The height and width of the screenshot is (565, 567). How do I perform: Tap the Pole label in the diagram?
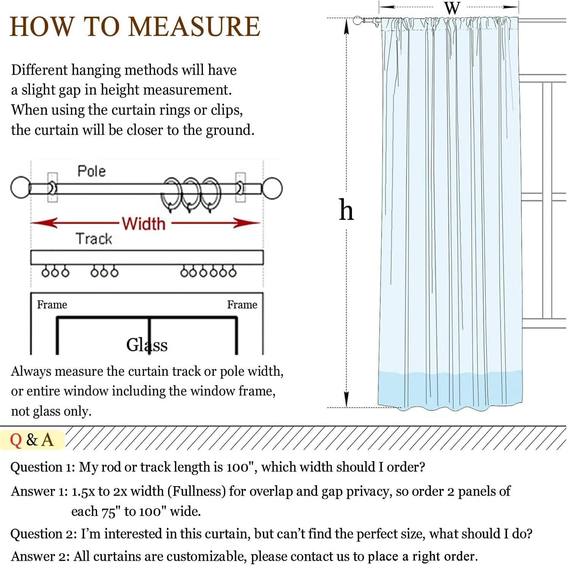91,171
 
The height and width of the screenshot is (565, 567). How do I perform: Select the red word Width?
144,224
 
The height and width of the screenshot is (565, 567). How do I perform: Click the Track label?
94,239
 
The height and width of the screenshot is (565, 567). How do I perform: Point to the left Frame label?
52,304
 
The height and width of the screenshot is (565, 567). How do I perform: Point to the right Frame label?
242,304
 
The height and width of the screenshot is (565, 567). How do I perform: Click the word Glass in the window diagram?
147,345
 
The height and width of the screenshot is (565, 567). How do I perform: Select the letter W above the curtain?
452,8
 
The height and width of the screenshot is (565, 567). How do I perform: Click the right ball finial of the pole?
272,188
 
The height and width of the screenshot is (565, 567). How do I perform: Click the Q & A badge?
32,440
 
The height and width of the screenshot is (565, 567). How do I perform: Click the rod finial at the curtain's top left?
357,21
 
